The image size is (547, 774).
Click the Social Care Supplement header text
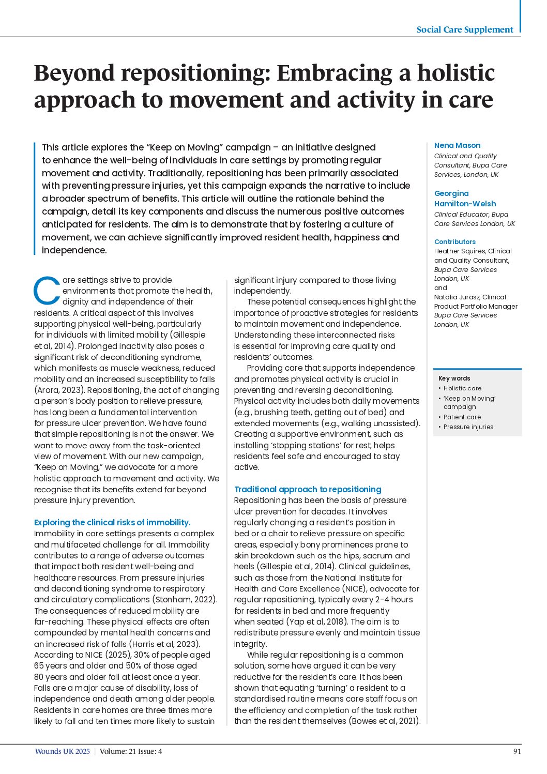pos(465,29)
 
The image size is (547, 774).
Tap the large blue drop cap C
pos(47,292)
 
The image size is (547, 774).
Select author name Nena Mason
pos(457,145)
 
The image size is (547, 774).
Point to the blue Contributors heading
pos(454,241)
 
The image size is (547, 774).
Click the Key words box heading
pos(454,378)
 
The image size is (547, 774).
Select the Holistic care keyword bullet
pos(462,388)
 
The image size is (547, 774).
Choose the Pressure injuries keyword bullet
pos(468,427)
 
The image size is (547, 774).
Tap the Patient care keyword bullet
pos(462,417)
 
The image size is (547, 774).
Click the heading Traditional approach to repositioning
pos(308,489)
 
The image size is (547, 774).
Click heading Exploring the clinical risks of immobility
pos(112,522)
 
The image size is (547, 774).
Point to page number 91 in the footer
pos(517,752)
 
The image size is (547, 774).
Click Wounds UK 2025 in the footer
pos(62,752)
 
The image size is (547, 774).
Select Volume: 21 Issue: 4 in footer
pos(131,752)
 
